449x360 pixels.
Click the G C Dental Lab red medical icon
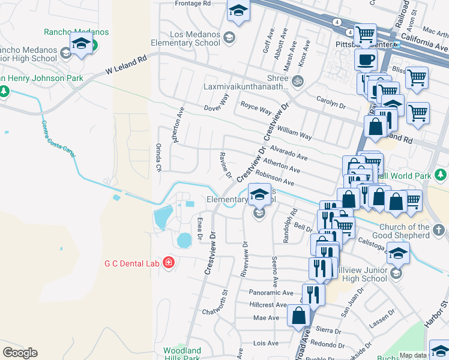tap(169, 263)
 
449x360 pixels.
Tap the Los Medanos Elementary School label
tap(185, 39)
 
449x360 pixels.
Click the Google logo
tap(20, 353)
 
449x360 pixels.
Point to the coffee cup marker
tap(366, 60)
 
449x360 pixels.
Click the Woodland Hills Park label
tap(181, 354)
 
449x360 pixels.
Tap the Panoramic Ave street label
tap(271, 293)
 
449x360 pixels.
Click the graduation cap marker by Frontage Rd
tap(238, 10)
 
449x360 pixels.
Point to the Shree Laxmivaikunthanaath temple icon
tap(297, 80)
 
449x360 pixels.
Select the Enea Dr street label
tap(199, 229)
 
